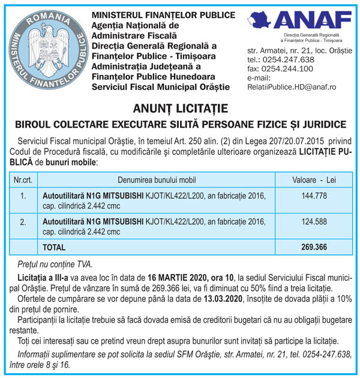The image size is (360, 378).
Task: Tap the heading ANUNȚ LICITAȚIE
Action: (x=180, y=109)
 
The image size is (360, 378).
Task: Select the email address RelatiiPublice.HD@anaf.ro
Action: (x=292, y=87)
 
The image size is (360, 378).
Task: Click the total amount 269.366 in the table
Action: (x=314, y=247)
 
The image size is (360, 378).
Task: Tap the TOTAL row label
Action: (x=55, y=247)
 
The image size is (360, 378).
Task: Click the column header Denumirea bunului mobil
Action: (x=157, y=179)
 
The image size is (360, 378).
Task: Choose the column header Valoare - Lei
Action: (x=314, y=179)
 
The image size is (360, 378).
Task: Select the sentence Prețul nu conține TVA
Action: (x=55, y=263)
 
